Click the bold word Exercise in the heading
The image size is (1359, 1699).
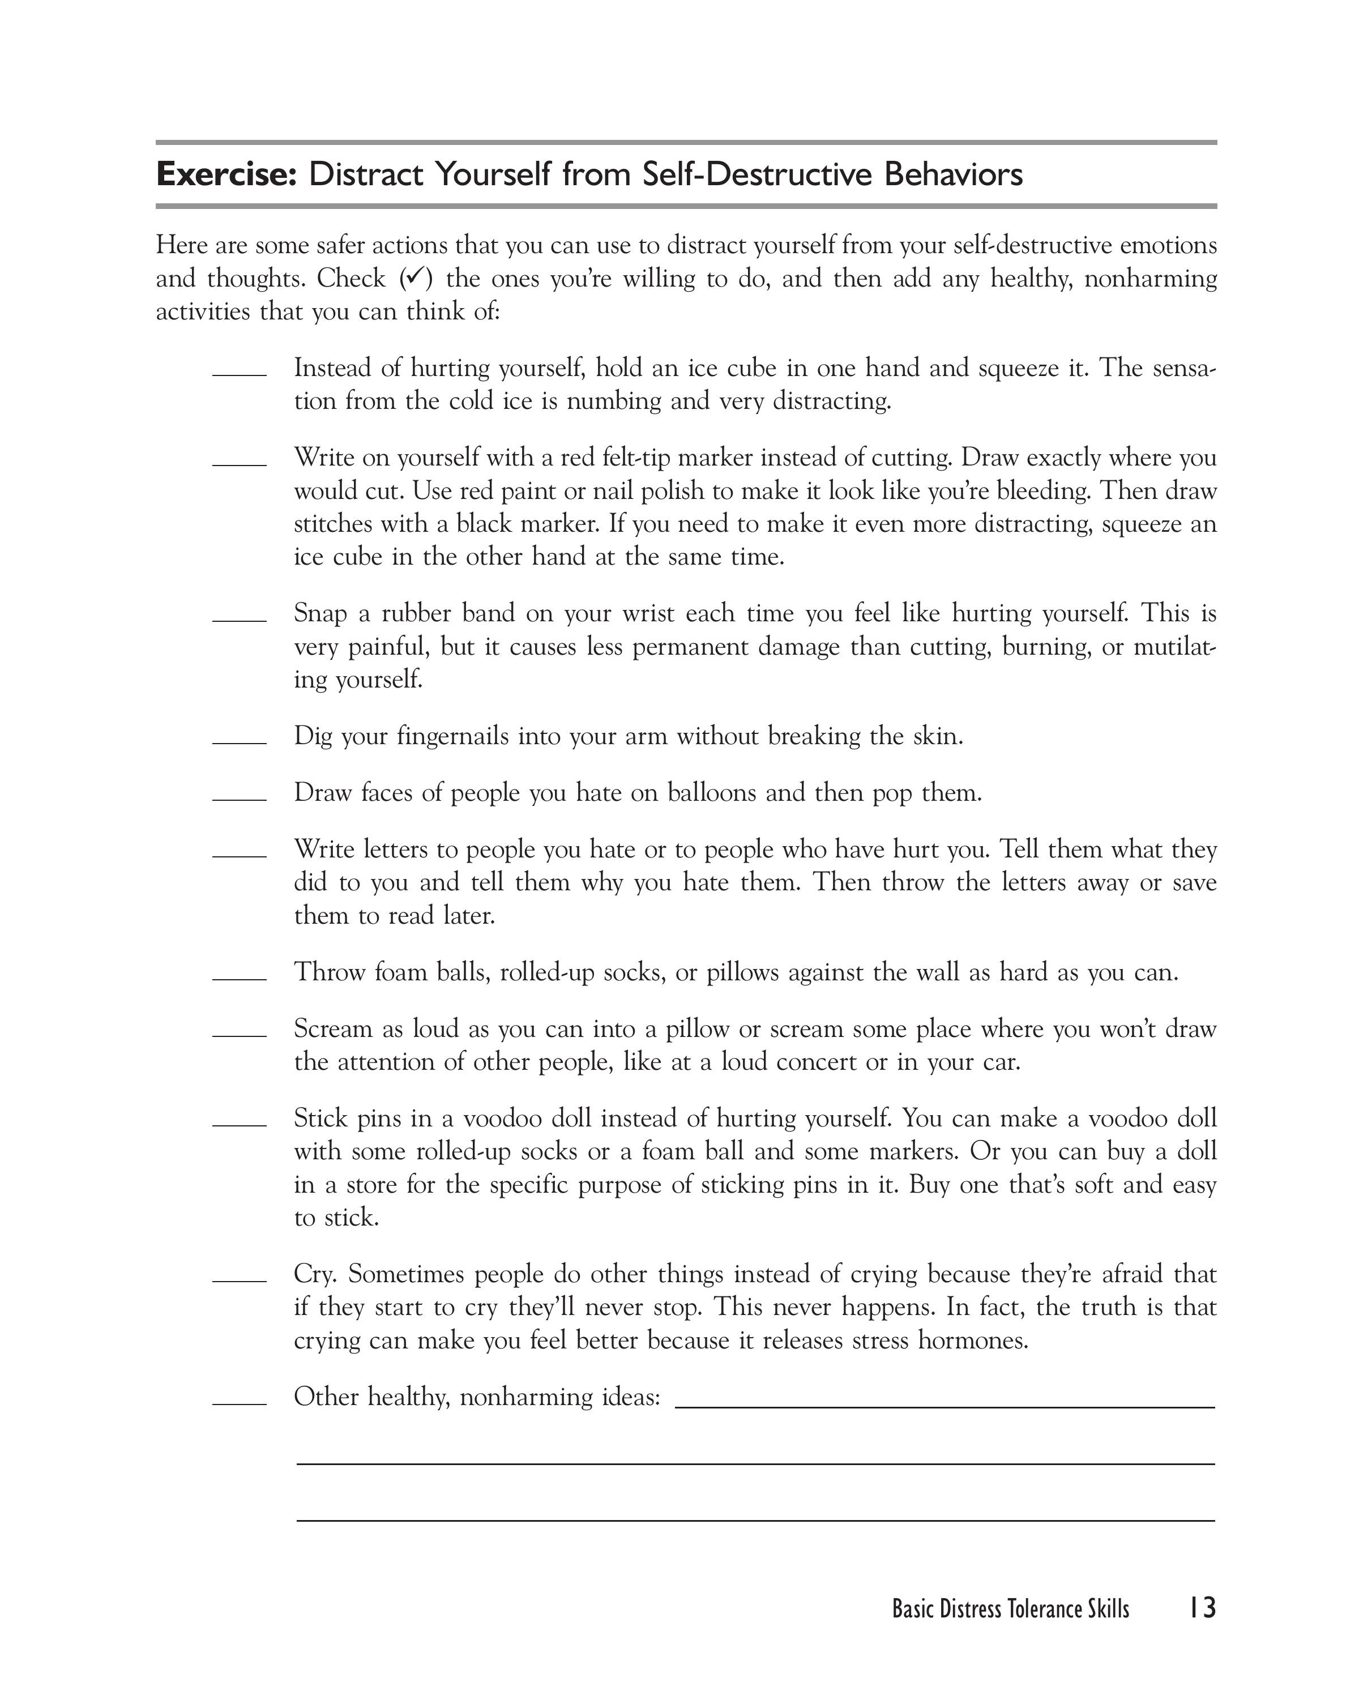[225, 174]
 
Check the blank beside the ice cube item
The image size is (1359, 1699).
[240, 374]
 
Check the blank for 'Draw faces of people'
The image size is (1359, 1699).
[240, 799]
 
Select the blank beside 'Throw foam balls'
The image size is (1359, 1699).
[240, 978]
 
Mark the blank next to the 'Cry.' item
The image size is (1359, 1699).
[240, 1280]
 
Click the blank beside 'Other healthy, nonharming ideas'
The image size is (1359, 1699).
[240, 1403]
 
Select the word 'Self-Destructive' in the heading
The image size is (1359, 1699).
[757, 174]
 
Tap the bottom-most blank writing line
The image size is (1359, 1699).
[755, 1519]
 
